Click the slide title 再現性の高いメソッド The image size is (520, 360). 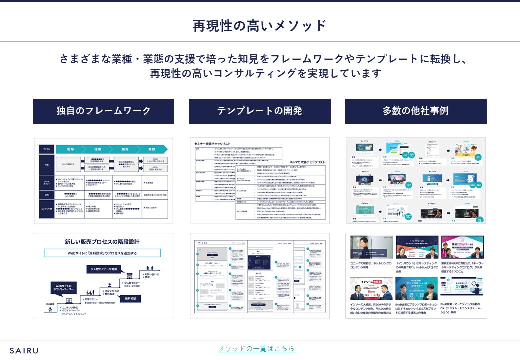[x=259, y=26]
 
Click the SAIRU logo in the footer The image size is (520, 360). [x=24, y=350]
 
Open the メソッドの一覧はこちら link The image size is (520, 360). [x=256, y=348]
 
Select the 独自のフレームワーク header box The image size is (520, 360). [x=103, y=111]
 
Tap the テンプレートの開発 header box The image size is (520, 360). [x=259, y=111]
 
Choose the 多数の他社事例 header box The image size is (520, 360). [x=415, y=111]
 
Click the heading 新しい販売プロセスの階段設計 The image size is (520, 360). [x=102, y=242]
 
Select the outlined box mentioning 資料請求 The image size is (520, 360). [x=102, y=253]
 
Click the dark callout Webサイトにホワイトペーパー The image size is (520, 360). [x=62, y=289]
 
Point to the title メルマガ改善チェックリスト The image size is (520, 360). [x=304, y=162]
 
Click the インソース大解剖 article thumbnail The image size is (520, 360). [x=371, y=288]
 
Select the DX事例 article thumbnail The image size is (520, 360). [x=463, y=288]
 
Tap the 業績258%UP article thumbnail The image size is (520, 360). [x=463, y=247]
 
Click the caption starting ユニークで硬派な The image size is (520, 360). [x=371, y=265]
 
